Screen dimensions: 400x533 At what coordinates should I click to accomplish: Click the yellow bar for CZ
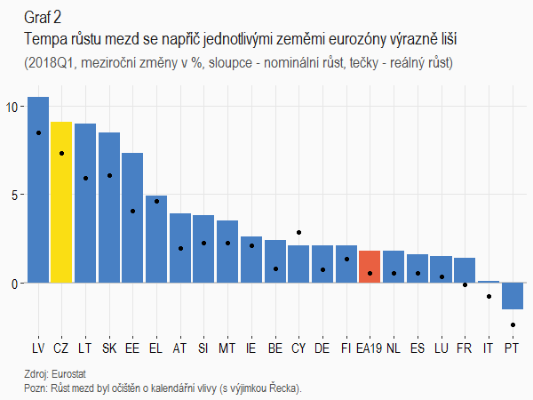[x=61, y=203]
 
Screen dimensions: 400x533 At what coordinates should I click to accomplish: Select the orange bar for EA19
[x=370, y=267]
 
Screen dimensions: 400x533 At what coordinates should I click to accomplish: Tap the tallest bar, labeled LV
[x=38, y=190]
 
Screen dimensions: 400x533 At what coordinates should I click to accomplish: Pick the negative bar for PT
[x=512, y=296]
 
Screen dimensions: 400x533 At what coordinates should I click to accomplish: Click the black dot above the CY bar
[x=298, y=233]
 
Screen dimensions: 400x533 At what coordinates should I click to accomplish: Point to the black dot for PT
[x=513, y=325]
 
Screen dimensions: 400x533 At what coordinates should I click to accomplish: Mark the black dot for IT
[x=489, y=297]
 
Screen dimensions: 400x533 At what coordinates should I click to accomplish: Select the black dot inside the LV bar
[x=38, y=132]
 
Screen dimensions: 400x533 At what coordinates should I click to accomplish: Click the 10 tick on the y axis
[x=12, y=107]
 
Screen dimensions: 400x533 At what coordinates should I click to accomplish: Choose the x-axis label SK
[x=108, y=348]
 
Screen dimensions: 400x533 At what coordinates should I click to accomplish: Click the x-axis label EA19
[x=370, y=348]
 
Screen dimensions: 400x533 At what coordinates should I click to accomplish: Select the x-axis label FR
[x=464, y=348]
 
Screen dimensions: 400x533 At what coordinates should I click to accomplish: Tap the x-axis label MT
[x=227, y=348]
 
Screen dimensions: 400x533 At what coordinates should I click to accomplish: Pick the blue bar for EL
[x=156, y=239]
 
